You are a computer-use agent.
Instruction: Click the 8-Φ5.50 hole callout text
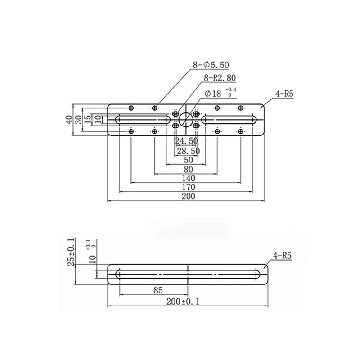(x=211, y=65)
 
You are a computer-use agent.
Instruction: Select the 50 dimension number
(x=188, y=160)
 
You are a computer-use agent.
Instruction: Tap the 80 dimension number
(x=188, y=170)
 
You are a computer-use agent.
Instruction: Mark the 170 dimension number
(x=188, y=187)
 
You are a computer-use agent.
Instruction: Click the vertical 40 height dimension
(x=69, y=120)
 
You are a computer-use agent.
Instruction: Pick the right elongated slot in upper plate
(x=229, y=120)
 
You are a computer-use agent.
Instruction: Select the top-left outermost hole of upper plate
(x=131, y=108)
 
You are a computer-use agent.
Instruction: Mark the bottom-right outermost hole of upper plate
(x=241, y=131)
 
